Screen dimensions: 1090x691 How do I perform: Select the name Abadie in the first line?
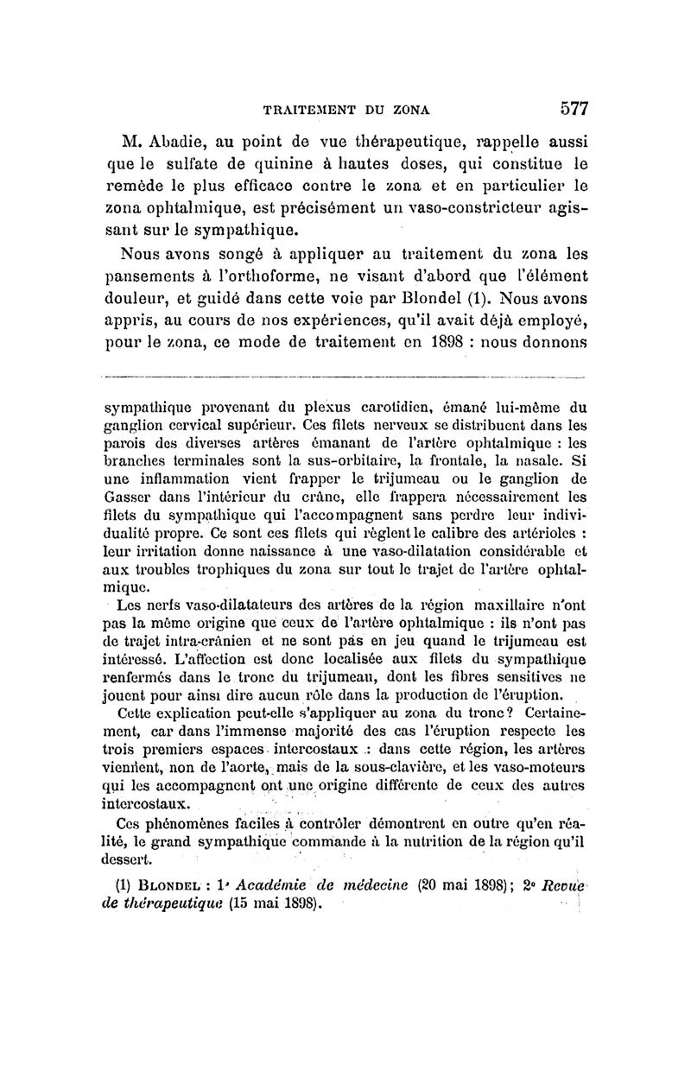click(x=180, y=143)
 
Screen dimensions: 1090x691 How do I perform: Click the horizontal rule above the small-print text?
click(x=345, y=377)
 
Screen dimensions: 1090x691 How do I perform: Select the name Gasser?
click(x=126, y=497)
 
